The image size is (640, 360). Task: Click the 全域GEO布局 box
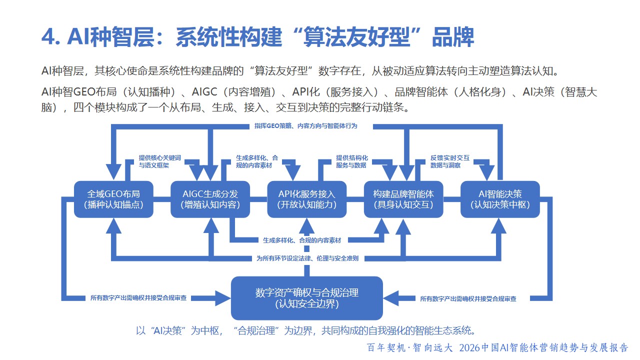(113, 199)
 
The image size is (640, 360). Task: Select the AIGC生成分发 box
(210, 199)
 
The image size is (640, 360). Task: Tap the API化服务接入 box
(306, 199)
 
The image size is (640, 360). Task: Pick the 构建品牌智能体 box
(403, 199)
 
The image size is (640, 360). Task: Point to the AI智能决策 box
(499, 199)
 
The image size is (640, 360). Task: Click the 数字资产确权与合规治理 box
(306, 297)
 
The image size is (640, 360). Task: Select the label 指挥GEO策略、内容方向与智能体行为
(305, 126)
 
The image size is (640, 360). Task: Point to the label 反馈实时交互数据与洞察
(450, 161)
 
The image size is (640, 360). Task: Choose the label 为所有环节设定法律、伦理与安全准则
(307, 258)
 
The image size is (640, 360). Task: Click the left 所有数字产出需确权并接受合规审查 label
(138, 298)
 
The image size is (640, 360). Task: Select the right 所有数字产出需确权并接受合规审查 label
(468, 298)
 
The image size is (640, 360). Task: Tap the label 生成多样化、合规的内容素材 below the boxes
(302, 240)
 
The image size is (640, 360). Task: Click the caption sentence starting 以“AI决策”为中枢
(305, 330)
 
